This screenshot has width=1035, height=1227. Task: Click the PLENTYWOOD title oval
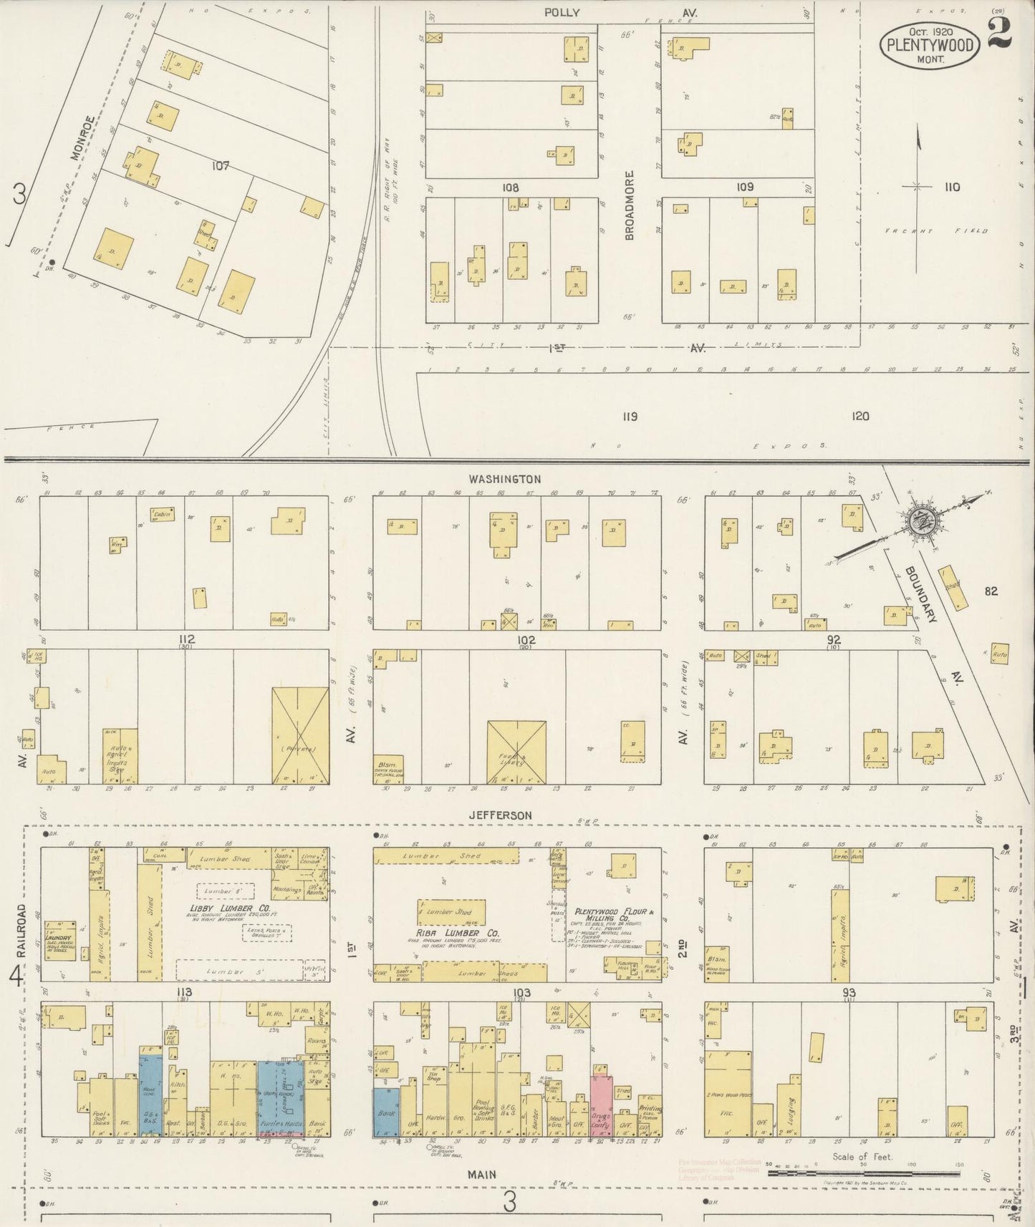click(930, 44)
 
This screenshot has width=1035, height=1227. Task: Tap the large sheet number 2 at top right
click(1000, 32)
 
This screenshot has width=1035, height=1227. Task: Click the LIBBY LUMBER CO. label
click(222, 908)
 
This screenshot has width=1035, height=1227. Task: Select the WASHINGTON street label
click(505, 479)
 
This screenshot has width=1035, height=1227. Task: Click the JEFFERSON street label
click(501, 815)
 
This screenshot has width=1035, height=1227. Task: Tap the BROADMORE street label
click(630, 205)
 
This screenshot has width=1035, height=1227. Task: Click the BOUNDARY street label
click(921, 594)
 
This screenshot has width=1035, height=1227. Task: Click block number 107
click(220, 165)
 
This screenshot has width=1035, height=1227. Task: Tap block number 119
click(629, 416)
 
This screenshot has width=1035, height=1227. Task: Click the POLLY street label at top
click(562, 13)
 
